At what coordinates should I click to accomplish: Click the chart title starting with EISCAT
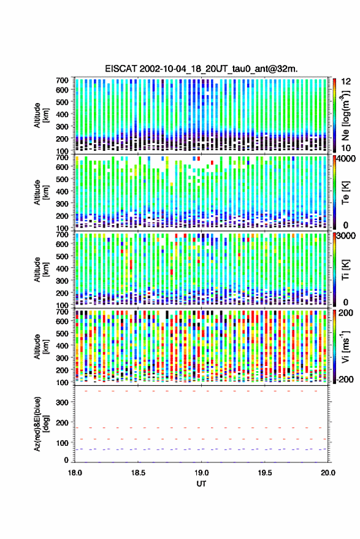202,69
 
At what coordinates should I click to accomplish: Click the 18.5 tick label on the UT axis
138,473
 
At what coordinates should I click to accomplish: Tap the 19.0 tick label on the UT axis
202,473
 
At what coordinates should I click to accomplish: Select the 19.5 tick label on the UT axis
265,473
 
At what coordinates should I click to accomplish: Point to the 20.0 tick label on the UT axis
328,473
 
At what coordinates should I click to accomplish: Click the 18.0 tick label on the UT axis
75,473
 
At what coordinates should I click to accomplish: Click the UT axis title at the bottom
201,484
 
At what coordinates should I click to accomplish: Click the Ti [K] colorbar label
345,269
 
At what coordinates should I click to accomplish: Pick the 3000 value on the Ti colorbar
346,236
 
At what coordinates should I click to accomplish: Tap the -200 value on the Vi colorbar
345,380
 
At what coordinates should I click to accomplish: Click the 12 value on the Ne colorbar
346,82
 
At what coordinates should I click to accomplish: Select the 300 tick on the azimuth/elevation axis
62,402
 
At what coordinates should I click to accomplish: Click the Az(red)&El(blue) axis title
41,424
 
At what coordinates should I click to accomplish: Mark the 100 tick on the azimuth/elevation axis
62,443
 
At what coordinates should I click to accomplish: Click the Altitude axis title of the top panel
41,115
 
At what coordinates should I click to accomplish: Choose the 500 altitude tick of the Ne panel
62,102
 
